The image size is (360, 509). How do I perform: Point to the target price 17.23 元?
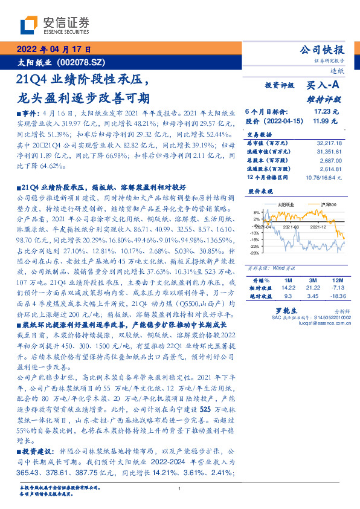click(x=326, y=112)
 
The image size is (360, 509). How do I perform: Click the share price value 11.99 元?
click(x=326, y=121)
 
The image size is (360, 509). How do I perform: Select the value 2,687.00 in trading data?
click(x=331, y=161)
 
